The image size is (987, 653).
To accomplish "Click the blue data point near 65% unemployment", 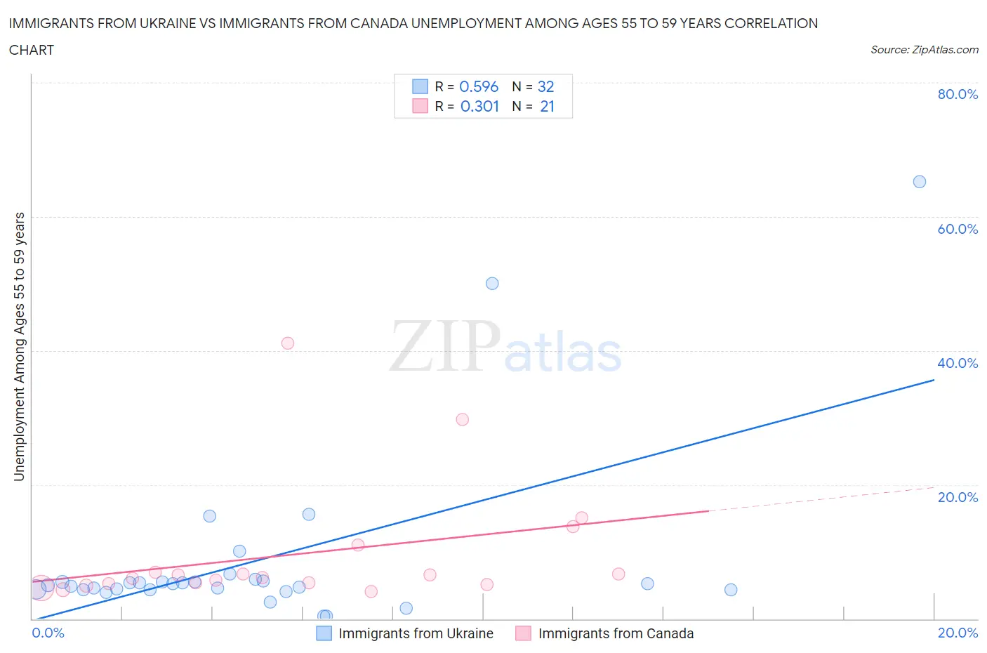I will tap(919, 182).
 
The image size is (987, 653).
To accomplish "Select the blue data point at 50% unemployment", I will tap(492, 284).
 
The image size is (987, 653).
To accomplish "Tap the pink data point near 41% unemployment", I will tap(288, 343).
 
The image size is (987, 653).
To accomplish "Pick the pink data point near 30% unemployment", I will tap(462, 419).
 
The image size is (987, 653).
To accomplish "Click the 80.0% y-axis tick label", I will tap(958, 94).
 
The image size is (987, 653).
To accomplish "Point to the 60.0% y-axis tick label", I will tap(958, 229).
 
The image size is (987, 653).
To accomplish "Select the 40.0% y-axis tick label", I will tap(958, 363).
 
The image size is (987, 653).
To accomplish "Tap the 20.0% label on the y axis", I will tap(958, 497).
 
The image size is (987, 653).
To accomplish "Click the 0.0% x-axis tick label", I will tap(48, 633).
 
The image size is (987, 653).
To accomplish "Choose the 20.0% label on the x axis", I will tap(958, 633).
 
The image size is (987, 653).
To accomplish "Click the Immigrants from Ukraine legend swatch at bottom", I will tap(324, 633).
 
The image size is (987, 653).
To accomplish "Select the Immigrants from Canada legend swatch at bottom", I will tap(523, 633).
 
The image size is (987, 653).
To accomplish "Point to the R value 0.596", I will tap(479, 86).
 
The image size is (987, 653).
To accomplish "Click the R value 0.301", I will tap(479, 106).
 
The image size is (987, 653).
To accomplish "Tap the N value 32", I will tap(545, 86).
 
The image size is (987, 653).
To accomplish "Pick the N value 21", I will tap(547, 106).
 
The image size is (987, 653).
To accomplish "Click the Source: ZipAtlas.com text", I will tap(924, 50).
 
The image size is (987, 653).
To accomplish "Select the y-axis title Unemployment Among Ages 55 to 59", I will tap(19, 347).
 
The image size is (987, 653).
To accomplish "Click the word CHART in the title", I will tap(32, 50).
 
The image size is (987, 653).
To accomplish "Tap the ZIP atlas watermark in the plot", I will tap(505, 348).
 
